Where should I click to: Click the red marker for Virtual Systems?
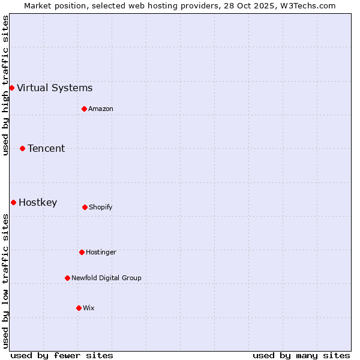[x=11, y=88]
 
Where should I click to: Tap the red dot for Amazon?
[x=84, y=109]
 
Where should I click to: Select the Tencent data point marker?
[x=22, y=148]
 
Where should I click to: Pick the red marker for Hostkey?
[x=13, y=202]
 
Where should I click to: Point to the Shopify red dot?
[x=85, y=207]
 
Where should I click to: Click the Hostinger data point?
[x=82, y=252]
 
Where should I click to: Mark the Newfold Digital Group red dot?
[x=67, y=278]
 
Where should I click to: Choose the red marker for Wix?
[x=79, y=308]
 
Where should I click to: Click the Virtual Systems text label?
[x=55, y=88]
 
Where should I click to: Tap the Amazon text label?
[x=101, y=109]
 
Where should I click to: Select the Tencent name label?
[x=46, y=148]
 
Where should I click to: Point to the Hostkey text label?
[x=38, y=202]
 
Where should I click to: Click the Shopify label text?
[x=101, y=207]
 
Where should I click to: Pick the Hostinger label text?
[x=101, y=252]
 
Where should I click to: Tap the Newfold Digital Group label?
[x=106, y=278]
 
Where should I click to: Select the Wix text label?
[x=89, y=308]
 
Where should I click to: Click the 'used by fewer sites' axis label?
[x=62, y=355]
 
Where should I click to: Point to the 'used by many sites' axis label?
[x=301, y=355]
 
